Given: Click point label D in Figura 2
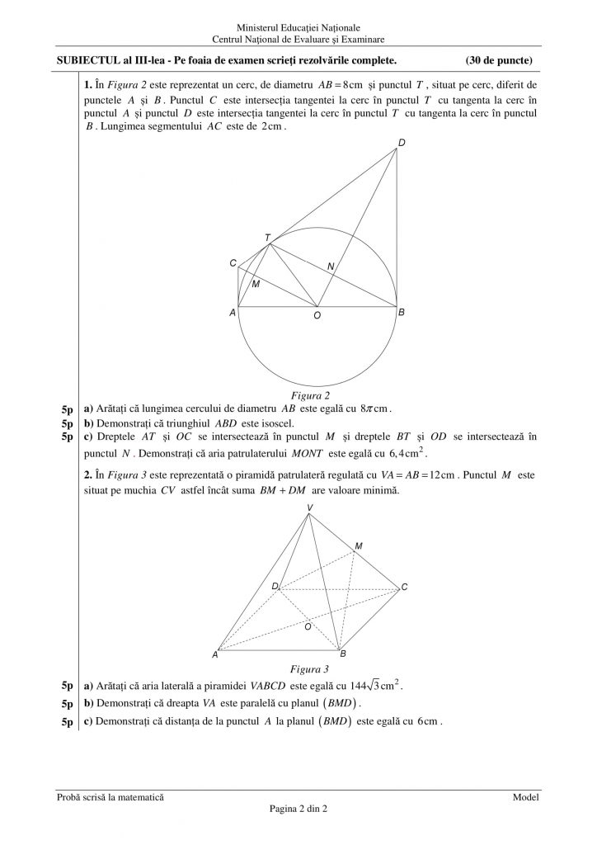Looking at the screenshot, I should pyautogui.click(x=401, y=143).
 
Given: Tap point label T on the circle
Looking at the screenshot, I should pyautogui.click(x=267, y=237).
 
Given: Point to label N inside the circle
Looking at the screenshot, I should pyautogui.click(x=331, y=267).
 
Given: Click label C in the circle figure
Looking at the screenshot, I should pyautogui.click(x=233, y=263).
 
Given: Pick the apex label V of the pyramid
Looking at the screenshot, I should pyautogui.click(x=309, y=507).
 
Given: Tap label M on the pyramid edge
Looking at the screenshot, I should pyautogui.click(x=358, y=546).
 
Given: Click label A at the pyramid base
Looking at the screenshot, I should pyautogui.click(x=214, y=654).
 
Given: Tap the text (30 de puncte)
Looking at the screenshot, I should pyautogui.click(x=498, y=60).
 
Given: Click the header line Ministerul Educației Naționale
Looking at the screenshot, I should pyautogui.click(x=298, y=28).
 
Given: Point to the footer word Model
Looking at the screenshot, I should pyautogui.click(x=525, y=797).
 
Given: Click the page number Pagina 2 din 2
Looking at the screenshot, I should pyautogui.click(x=298, y=809).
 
